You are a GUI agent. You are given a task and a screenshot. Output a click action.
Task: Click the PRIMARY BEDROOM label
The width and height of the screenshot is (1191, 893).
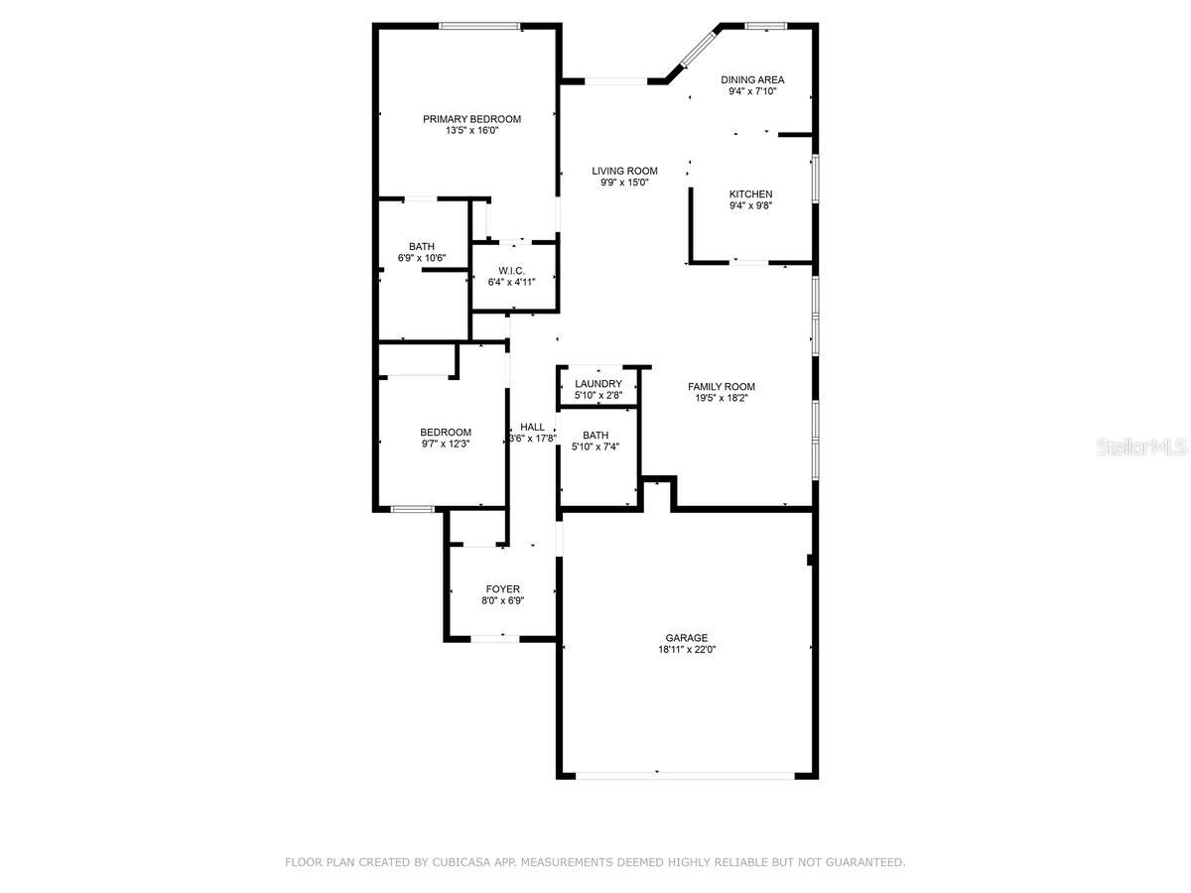(471, 119)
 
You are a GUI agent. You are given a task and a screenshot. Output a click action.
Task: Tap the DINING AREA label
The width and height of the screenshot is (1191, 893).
(752, 79)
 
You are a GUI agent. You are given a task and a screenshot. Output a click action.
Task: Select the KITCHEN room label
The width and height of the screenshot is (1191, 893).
(750, 194)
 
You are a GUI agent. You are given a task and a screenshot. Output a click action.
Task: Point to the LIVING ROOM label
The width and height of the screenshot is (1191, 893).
(624, 171)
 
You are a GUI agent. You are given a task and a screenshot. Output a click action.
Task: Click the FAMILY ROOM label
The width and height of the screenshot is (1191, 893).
(722, 387)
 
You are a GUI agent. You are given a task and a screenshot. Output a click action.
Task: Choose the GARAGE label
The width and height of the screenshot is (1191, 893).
(687, 638)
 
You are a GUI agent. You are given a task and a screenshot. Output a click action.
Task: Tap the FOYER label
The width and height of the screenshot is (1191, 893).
(502, 589)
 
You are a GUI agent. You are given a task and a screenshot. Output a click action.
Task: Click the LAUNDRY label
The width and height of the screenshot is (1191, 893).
(597, 384)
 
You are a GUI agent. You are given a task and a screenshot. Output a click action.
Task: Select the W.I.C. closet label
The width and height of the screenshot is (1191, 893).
(511, 271)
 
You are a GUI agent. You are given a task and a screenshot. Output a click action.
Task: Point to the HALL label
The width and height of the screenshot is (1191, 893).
(532, 427)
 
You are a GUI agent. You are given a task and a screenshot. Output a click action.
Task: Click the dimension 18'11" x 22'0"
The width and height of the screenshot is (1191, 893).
(687, 650)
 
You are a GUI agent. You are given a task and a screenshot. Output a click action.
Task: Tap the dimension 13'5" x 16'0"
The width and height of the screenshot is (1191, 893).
(471, 130)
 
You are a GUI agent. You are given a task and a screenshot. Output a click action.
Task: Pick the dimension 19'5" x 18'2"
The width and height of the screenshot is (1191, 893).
(722, 399)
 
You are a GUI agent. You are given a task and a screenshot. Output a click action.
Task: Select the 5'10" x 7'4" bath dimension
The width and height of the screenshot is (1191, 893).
(595, 447)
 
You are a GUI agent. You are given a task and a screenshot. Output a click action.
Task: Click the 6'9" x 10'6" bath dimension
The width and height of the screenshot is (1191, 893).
(422, 259)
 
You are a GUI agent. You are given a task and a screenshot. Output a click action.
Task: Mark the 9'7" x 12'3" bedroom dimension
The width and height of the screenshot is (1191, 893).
(446, 445)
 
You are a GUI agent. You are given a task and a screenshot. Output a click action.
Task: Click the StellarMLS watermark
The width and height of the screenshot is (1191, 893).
(1140, 448)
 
